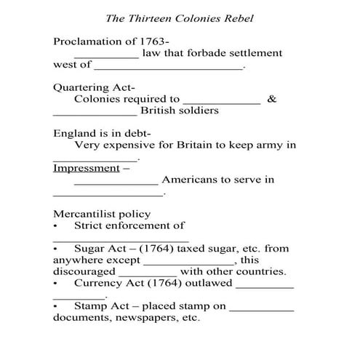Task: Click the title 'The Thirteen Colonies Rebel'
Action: tap(180, 16)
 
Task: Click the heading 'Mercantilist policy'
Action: tap(102, 214)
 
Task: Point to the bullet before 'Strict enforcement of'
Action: tap(55, 226)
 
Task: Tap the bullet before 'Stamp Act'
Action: tap(55, 307)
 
